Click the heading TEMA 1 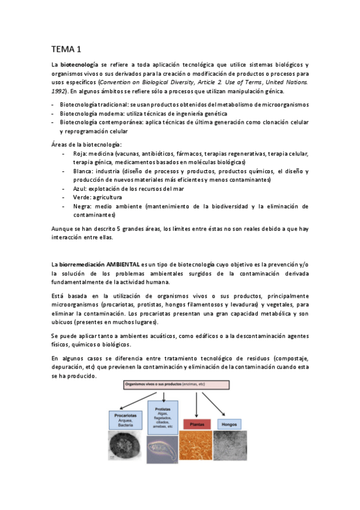click(66, 49)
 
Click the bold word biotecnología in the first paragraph click(79, 65)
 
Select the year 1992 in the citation click(59, 91)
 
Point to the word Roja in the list click(80, 154)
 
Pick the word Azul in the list click(79, 188)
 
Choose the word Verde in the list click(81, 197)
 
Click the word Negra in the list click(82, 206)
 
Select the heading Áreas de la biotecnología click(87, 145)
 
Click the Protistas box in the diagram click(163, 416)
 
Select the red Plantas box click(198, 425)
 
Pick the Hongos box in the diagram click(229, 424)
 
